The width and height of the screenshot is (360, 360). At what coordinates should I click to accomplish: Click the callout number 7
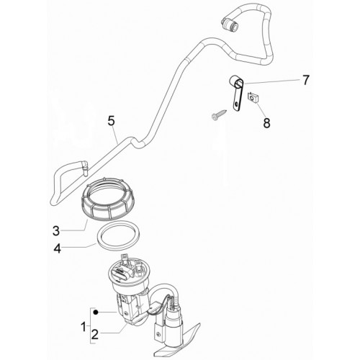[x=305, y=80]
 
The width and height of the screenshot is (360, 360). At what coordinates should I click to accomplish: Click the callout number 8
[x=266, y=123]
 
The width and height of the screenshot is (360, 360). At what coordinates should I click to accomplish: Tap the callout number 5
[x=111, y=121]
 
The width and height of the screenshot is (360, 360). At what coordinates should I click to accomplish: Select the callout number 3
[x=56, y=231]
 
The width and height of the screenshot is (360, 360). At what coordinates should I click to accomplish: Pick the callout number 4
[x=58, y=248]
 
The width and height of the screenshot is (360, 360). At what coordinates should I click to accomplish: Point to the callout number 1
[x=84, y=327]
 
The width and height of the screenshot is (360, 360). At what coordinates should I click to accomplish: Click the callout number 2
[x=95, y=334]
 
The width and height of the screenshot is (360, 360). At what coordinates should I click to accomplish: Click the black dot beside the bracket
[x=96, y=312]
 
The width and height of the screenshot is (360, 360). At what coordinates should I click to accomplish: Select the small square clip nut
[x=253, y=98]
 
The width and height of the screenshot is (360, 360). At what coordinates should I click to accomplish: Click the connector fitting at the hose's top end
[x=230, y=24]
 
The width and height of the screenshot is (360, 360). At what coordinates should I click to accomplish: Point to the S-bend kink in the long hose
[x=135, y=143]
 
